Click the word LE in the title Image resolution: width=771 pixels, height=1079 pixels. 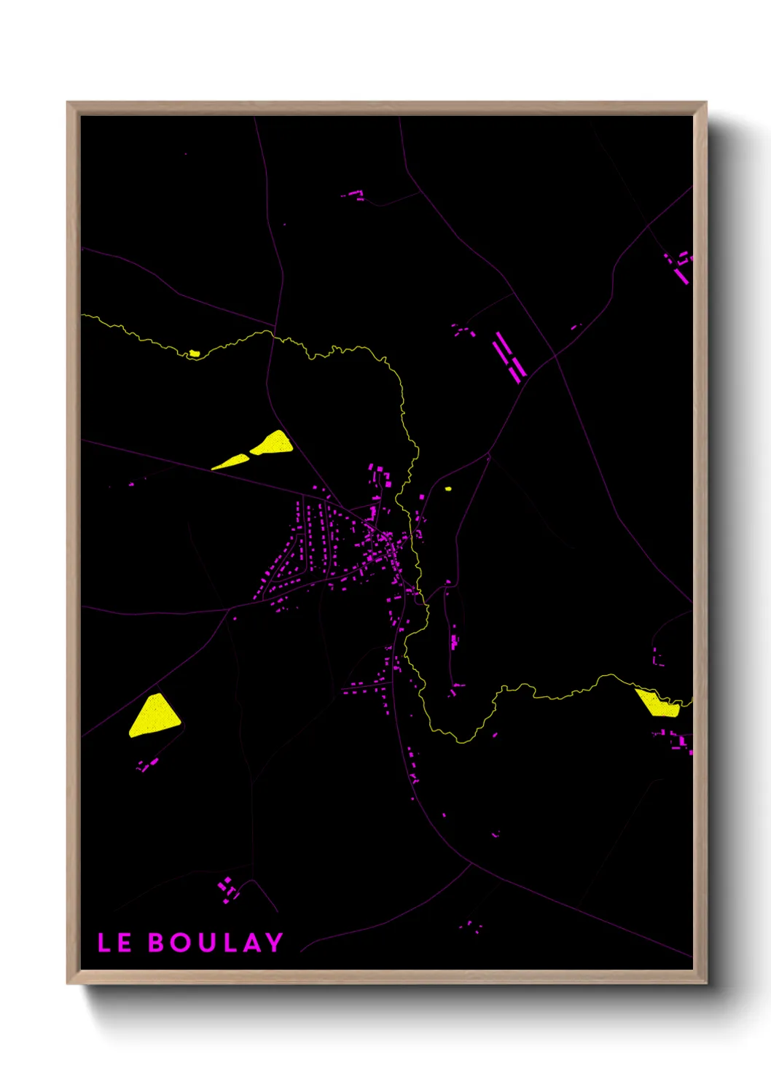click(x=114, y=943)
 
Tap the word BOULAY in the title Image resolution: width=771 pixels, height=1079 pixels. click(x=216, y=943)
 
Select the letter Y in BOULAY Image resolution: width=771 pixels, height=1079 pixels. click(x=274, y=943)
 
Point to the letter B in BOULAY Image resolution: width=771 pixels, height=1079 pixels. click(x=157, y=943)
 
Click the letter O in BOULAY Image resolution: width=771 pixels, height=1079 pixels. click(x=181, y=943)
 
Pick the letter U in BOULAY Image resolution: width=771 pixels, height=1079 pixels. click(x=205, y=943)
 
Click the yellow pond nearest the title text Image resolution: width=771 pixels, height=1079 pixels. click(x=154, y=715)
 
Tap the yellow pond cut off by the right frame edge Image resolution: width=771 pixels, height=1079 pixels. click(x=658, y=703)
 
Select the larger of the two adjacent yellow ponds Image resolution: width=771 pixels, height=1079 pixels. click(x=273, y=443)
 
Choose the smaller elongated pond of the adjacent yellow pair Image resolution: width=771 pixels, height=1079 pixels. click(x=230, y=461)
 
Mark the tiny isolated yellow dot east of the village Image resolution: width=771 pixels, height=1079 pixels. click(x=447, y=488)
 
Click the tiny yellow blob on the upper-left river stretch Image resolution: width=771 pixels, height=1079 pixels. click(x=195, y=354)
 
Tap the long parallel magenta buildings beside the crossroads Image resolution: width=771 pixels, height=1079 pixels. click(x=509, y=357)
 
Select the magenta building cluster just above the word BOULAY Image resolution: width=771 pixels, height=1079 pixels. click(x=228, y=889)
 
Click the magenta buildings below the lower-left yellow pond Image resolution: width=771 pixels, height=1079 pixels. click(x=148, y=765)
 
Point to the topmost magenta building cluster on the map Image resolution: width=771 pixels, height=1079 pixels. click(x=354, y=195)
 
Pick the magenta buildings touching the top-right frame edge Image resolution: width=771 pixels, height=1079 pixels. click(x=681, y=266)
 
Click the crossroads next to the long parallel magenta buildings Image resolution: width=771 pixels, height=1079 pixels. click(x=554, y=357)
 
